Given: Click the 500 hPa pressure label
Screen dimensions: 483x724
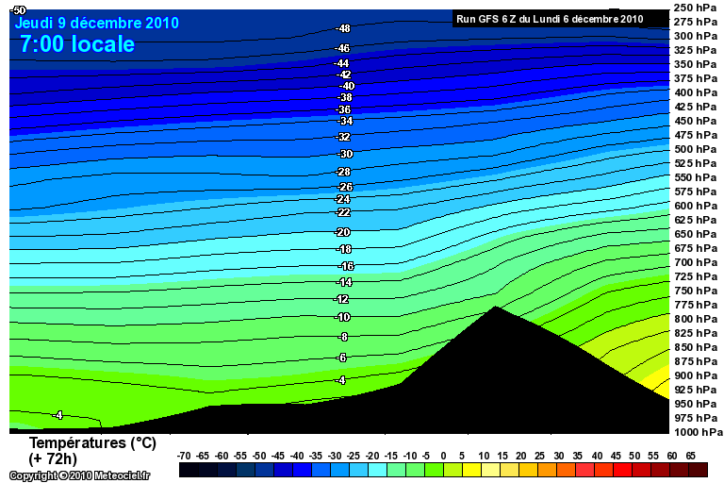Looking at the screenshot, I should pos(696,149).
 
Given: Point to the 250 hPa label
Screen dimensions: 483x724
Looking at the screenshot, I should pos(696,8).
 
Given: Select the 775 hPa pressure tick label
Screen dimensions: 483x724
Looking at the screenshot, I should pos(696,305).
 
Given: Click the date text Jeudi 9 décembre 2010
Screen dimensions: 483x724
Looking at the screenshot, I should pos(96,23).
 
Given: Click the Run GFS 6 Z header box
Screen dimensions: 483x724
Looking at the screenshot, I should pos(550,18).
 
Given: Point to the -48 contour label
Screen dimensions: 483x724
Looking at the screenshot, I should pos(343,28).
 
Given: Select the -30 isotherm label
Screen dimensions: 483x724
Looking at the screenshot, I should pos(345,154).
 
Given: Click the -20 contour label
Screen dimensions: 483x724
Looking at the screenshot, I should pos(343,232).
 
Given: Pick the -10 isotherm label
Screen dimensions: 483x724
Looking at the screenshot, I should pos(343,317).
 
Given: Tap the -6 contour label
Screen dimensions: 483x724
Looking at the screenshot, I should pos(341,358).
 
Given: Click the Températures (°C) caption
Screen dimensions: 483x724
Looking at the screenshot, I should pos(92,442).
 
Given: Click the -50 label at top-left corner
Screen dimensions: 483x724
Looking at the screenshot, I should pos(18,9).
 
